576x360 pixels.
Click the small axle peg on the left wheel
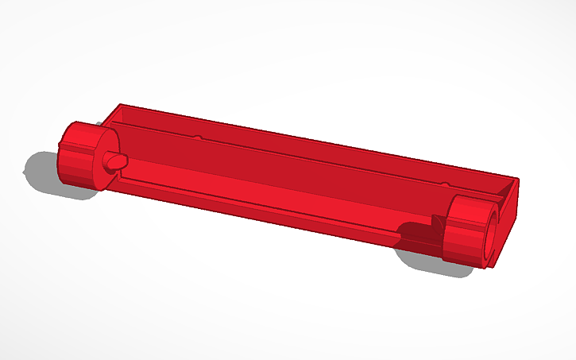tap(116, 160)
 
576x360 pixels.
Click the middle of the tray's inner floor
tap(270, 179)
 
